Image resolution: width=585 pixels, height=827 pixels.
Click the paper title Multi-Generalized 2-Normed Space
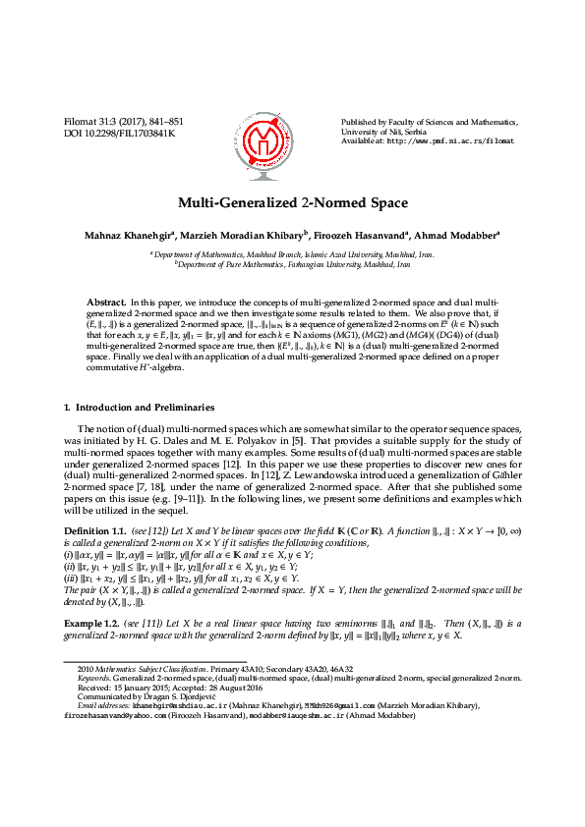(x=292, y=203)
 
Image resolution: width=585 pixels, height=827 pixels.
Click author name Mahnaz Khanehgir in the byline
(x=123, y=235)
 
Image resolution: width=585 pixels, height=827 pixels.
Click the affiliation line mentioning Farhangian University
(x=292, y=264)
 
